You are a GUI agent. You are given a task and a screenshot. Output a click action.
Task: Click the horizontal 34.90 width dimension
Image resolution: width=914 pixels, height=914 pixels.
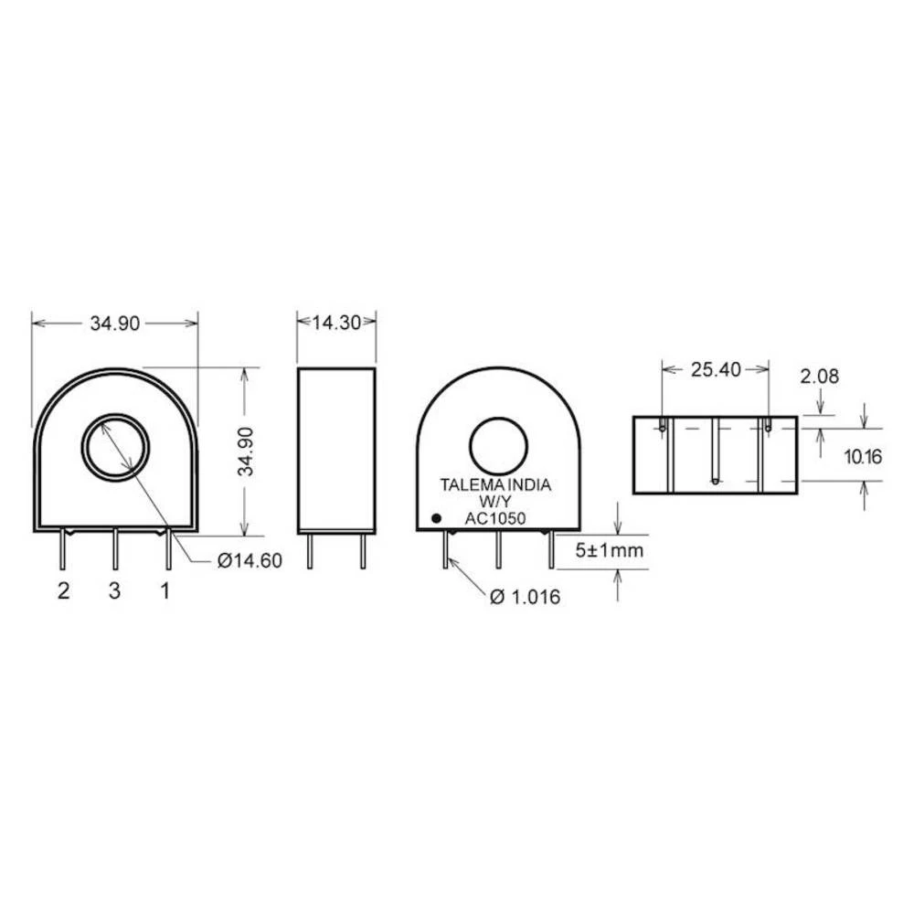click(x=114, y=323)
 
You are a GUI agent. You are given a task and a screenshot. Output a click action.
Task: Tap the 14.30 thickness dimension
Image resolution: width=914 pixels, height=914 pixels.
click(x=336, y=322)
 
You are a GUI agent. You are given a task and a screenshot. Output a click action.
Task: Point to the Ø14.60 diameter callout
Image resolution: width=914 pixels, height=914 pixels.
click(x=250, y=561)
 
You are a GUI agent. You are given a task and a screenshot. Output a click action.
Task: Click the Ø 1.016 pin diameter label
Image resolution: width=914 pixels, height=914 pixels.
click(x=525, y=597)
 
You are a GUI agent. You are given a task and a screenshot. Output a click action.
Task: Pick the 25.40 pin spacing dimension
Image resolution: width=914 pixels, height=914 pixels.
click(x=715, y=369)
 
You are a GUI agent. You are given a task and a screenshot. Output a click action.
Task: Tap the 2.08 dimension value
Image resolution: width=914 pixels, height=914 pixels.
click(x=819, y=376)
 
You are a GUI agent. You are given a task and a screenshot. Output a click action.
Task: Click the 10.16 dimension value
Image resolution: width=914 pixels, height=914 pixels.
click(x=862, y=457)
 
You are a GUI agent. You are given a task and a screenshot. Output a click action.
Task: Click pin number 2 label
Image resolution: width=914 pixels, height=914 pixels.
click(x=63, y=591)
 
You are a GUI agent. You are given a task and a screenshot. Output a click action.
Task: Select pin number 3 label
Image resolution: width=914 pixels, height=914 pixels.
click(x=114, y=591)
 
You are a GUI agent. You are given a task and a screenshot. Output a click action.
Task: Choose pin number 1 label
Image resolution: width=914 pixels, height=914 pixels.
click(x=165, y=591)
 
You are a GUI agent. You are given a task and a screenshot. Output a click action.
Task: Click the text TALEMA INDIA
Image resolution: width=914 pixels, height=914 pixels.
click(x=495, y=485)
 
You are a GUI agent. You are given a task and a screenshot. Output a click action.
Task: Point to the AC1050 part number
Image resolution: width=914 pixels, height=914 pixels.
click(x=495, y=518)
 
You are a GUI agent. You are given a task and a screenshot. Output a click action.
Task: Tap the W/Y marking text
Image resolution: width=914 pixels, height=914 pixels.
click(x=497, y=502)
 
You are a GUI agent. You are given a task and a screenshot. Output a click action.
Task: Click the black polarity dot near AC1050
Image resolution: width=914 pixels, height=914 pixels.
click(x=436, y=519)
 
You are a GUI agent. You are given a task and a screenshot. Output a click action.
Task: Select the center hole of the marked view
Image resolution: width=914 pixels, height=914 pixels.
click(x=498, y=445)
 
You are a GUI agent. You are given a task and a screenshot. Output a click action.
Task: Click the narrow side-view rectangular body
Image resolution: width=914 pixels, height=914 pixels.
click(x=336, y=450)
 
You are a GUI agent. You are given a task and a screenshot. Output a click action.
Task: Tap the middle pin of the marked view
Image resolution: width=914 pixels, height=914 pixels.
click(x=498, y=551)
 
